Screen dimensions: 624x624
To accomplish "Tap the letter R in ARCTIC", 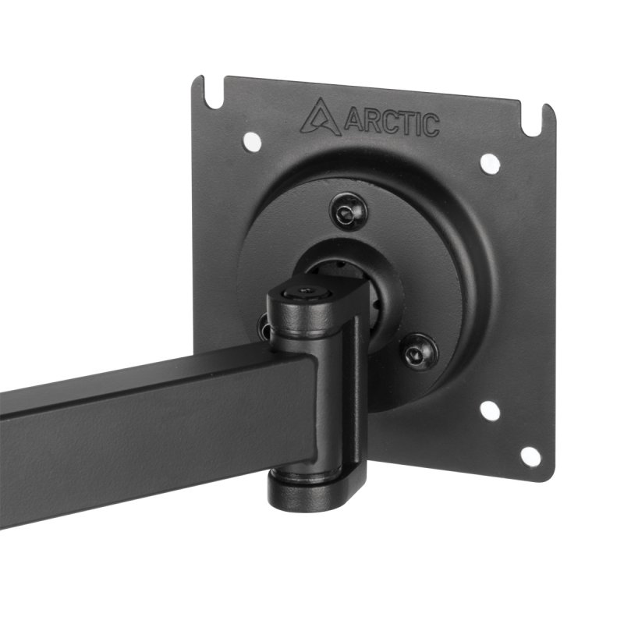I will coord(367,122).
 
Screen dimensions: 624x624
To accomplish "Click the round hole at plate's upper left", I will coord(251,141).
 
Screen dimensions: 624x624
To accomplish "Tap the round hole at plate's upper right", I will coord(489,163).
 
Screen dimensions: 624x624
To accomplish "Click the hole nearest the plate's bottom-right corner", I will coord(530,456).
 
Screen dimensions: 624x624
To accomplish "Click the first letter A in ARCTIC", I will coord(350,120).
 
